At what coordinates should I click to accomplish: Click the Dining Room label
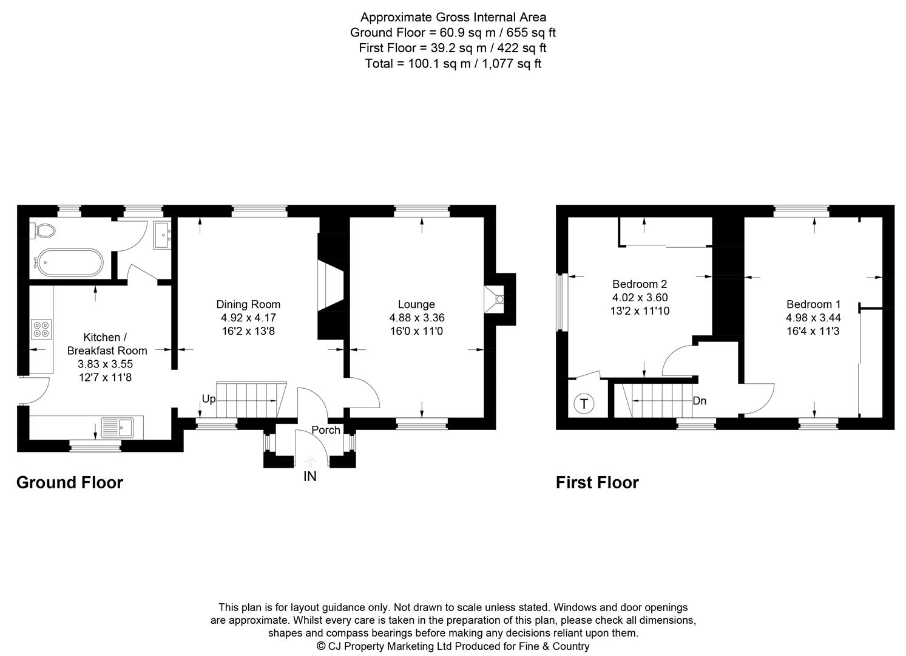tap(248, 304)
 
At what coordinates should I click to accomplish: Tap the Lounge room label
tap(416, 304)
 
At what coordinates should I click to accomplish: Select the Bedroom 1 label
tap(813, 304)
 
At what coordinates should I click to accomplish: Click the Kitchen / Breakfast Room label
tap(107, 344)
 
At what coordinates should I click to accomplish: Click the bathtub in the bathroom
tap(67, 262)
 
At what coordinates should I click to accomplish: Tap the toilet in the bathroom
tap(44, 231)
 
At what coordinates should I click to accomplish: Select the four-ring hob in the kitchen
tap(42, 329)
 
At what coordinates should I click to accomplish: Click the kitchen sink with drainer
tap(118, 427)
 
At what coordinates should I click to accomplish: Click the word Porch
tap(326, 430)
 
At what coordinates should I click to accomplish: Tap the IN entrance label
tap(309, 477)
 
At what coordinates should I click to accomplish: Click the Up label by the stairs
tap(208, 399)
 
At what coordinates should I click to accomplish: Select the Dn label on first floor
tap(699, 401)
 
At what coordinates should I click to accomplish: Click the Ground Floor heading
tap(69, 482)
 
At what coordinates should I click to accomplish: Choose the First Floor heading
tap(597, 482)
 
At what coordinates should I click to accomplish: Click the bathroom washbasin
tap(162, 235)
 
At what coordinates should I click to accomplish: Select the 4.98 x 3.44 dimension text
tap(813, 318)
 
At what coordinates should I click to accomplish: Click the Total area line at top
tap(453, 63)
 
